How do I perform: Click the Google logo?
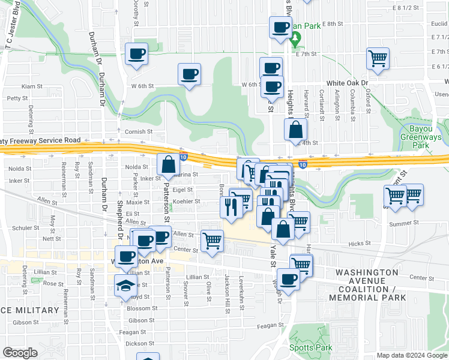[x=20, y=353]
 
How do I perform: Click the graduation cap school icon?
[x=125, y=286]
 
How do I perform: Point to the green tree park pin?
[x=295, y=40]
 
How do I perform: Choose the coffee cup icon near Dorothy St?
[x=136, y=55]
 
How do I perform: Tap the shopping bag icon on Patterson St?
[x=168, y=164]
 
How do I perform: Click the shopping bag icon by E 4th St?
[x=296, y=129]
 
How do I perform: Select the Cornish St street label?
[x=139, y=132]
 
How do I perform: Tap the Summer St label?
[x=403, y=224]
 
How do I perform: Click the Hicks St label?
[x=360, y=244]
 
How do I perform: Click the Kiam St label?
[x=29, y=86]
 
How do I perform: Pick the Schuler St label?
[x=26, y=229]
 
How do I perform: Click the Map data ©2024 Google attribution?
[x=412, y=355]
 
